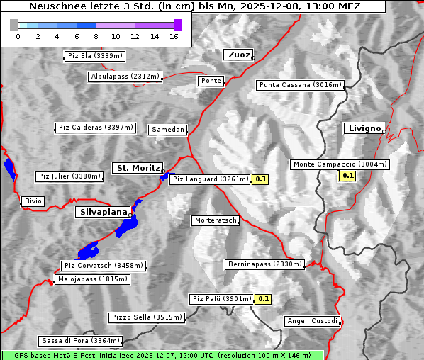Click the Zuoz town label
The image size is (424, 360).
point(238,55)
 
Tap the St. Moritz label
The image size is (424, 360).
point(137,168)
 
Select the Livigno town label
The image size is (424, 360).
point(363,128)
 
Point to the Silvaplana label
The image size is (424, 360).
point(104,212)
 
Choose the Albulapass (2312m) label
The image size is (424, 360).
point(125,77)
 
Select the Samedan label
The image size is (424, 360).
point(168,130)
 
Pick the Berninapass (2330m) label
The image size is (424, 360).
point(264,264)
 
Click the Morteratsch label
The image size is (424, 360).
point(216,220)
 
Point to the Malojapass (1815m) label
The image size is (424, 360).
point(92,280)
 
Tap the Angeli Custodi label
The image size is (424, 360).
point(313,321)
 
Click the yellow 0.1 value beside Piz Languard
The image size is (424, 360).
point(261,179)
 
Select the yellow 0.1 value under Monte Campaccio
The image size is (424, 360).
point(348,175)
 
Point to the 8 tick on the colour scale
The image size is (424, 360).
point(96,36)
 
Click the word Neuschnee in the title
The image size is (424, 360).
point(55,6)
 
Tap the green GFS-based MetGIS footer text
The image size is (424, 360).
point(162,355)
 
